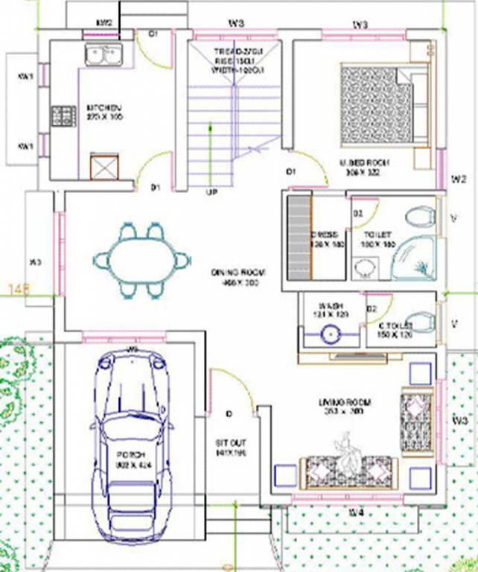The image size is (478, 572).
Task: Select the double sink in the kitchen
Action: [103, 54]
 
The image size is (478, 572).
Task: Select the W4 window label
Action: [357, 512]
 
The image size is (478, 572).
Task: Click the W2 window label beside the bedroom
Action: [459, 179]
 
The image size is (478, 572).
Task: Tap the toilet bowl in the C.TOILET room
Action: [422, 322]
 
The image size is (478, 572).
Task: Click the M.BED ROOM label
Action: [360, 162]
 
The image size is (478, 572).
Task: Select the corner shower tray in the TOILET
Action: [413, 257]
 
